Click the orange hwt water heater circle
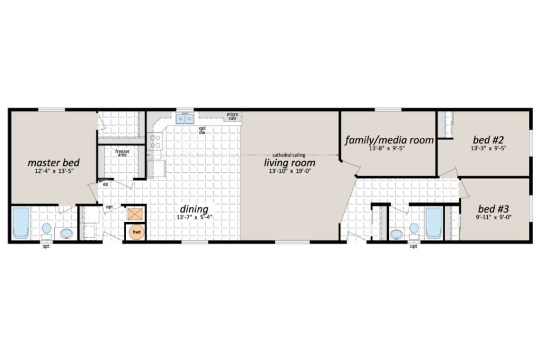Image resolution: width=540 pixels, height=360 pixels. pyautogui.click(x=137, y=232)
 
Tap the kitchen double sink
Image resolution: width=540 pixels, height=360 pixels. pyautogui.click(x=185, y=119)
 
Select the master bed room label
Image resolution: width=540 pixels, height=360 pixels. pyautogui.click(x=53, y=162)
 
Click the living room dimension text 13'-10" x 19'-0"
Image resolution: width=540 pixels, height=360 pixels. pyautogui.click(x=290, y=171)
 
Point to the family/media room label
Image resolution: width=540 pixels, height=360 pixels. pyautogui.click(x=389, y=140)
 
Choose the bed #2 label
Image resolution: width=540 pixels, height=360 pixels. pyautogui.click(x=488, y=140)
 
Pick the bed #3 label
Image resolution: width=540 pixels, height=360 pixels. pyautogui.click(x=493, y=209)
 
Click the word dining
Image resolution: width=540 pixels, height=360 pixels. pyautogui.click(x=194, y=209)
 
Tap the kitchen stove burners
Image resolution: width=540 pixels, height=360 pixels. pyautogui.click(x=156, y=141)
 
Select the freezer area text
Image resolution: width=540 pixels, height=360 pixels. pyautogui.click(x=122, y=153)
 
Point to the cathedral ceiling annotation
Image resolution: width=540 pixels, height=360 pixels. pyautogui.click(x=288, y=155)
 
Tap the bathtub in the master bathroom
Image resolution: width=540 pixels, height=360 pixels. pyautogui.click(x=21, y=223)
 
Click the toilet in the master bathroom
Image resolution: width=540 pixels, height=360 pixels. pyautogui.click(x=46, y=231)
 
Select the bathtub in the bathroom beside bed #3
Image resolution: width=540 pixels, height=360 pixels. pyautogui.click(x=433, y=223)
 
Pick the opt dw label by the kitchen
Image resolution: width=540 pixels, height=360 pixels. pyautogui.click(x=202, y=130)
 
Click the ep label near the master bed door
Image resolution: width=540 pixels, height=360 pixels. pyautogui.click(x=105, y=184)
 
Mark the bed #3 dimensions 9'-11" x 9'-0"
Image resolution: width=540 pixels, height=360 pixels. pyautogui.click(x=493, y=217)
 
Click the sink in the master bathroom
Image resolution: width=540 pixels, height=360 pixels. pyautogui.click(x=66, y=233)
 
